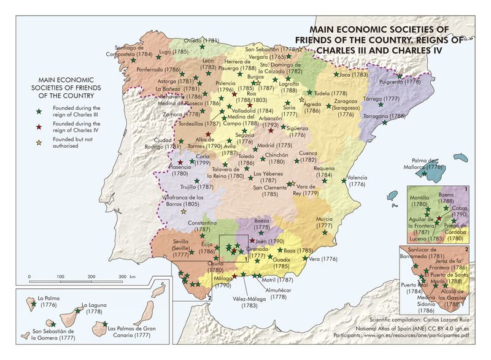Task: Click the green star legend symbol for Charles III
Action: coord(38,111)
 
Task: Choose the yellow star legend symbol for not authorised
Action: coord(38,143)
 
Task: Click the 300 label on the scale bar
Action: coord(123,277)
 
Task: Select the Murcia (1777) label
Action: coord(324,222)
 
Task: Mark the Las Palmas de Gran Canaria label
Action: coord(132,331)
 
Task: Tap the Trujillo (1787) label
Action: coord(196,186)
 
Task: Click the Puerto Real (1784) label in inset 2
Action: coord(414,288)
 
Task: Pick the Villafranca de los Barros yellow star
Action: coord(183,211)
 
